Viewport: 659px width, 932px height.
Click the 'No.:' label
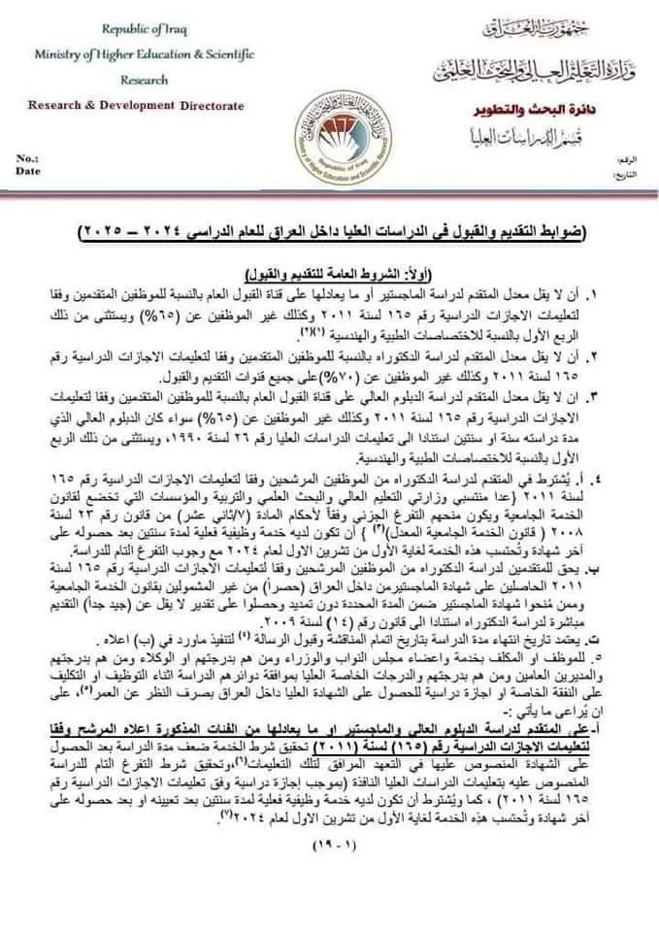(x=26, y=156)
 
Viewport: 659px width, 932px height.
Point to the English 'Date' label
(x=27, y=170)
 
